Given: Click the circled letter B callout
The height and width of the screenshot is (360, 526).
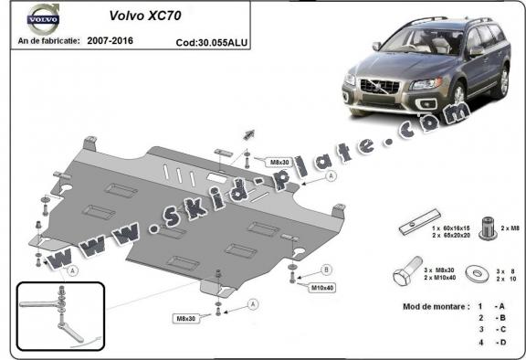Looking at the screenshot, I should tap(326, 270).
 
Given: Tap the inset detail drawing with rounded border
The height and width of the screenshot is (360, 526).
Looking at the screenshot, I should tap(59, 313).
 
